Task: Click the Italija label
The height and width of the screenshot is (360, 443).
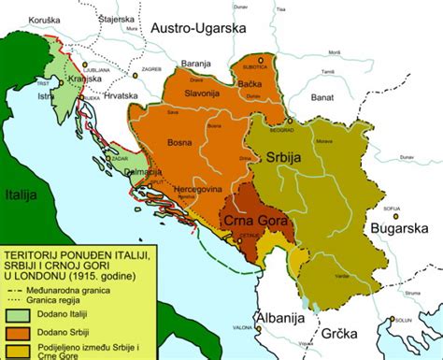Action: pyautogui.click(x=19, y=195)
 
